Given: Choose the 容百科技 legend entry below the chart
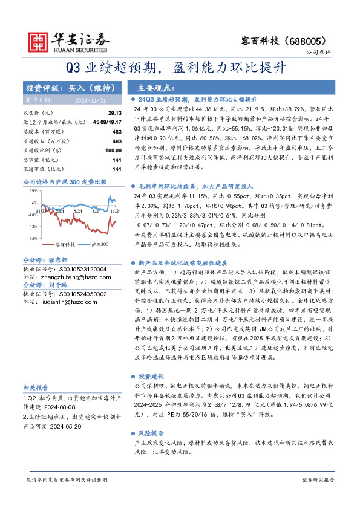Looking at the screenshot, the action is coord(65,244).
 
